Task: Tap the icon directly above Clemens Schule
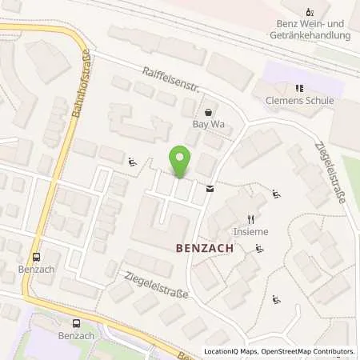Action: pyautogui.click(x=298, y=88)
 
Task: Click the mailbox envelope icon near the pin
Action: pyautogui.click(x=210, y=189)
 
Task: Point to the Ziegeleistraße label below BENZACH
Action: pyautogui.click(x=156, y=285)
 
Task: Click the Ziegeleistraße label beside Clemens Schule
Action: pyautogui.click(x=329, y=170)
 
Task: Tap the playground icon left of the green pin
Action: pyautogui.click(x=132, y=163)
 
